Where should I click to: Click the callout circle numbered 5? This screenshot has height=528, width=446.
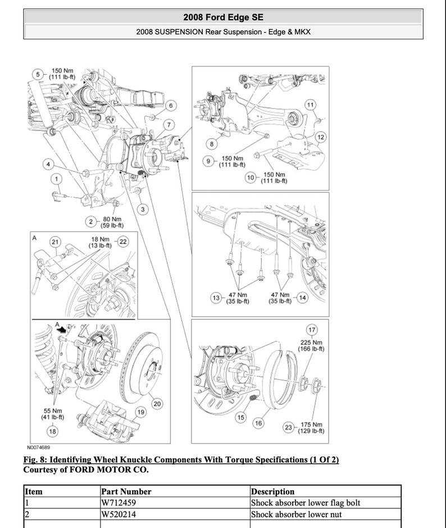point(38,74)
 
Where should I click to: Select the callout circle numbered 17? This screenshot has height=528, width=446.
point(311,330)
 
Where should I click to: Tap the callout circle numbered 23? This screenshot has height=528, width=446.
point(288,428)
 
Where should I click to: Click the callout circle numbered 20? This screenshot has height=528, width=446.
point(157,404)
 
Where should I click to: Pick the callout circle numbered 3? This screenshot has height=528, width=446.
point(143,210)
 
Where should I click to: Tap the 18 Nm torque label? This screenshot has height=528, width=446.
point(102,242)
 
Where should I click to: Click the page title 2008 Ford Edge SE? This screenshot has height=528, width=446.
point(223,17)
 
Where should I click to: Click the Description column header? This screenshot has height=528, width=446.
point(272,491)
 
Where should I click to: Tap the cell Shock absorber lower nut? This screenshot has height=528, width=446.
point(295,514)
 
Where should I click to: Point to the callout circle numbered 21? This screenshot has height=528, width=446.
point(54,242)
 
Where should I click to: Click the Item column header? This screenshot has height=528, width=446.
point(34,491)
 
